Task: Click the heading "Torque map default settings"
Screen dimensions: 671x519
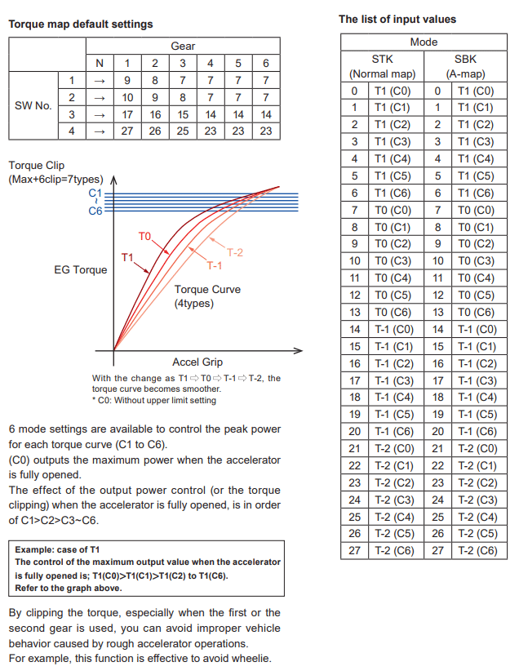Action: [x=80, y=24]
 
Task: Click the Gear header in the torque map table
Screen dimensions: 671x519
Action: [x=183, y=46]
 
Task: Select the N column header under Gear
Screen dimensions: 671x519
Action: [x=100, y=63]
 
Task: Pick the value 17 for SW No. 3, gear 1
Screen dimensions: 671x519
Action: [x=127, y=114]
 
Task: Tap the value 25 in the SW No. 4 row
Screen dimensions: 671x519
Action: [x=183, y=131]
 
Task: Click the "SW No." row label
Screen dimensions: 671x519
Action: [x=33, y=105]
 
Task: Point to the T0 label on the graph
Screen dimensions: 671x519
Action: [x=144, y=236]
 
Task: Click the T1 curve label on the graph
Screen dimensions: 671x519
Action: [x=127, y=257]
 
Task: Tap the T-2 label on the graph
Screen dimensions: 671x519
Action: [x=234, y=252]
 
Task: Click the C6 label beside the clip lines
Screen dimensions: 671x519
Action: [x=95, y=211]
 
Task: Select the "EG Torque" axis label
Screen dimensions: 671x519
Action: [x=81, y=269]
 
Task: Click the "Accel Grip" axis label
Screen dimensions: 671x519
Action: [x=197, y=362]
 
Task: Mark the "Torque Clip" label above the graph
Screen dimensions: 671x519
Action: [x=36, y=165]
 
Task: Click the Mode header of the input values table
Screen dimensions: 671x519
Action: [x=423, y=42]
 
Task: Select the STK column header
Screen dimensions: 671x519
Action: [x=382, y=59]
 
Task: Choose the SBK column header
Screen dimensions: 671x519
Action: [x=465, y=59]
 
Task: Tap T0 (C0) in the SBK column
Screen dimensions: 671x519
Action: [x=476, y=211]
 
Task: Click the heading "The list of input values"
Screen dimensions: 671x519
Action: [x=397, y=19]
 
